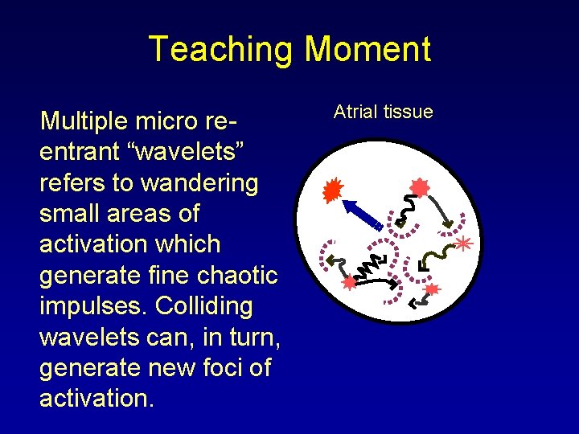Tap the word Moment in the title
click(367, 49)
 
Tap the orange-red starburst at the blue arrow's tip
click(332, 190)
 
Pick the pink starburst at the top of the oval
click(420, 188)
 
